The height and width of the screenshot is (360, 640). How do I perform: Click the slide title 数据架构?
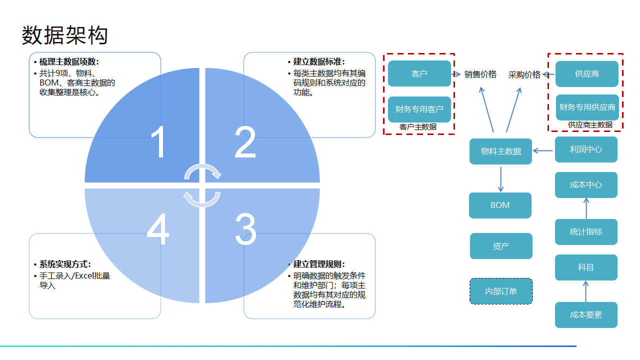(65, 35)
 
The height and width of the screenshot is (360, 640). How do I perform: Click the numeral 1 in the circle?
(158, 143)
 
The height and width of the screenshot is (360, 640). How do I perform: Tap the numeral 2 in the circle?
(245, 143)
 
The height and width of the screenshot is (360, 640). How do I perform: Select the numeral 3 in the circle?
(245, 229)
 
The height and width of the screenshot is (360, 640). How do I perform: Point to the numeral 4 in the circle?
(158, 230)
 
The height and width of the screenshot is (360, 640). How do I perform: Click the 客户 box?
(419, 73)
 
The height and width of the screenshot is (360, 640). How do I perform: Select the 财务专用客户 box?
(419, 109)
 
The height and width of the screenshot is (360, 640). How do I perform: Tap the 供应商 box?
(587, 73)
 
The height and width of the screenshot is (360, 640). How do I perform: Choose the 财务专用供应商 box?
(587, 107)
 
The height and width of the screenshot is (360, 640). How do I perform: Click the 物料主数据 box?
(500, 151)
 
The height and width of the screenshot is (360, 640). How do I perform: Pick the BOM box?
(500, 205)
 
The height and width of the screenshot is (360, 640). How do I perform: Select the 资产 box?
(501, 246)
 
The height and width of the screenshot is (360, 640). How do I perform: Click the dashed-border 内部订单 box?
(501, 291)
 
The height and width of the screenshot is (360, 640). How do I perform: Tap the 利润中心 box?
(586, 149)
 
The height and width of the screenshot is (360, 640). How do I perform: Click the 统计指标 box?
(586, 232)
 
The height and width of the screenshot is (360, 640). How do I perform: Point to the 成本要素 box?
(586, 315)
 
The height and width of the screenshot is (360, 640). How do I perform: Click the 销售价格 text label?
(480, 74)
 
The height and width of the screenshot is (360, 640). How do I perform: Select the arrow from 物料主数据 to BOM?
(500, 178)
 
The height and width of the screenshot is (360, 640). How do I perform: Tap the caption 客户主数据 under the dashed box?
(418, 127)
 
